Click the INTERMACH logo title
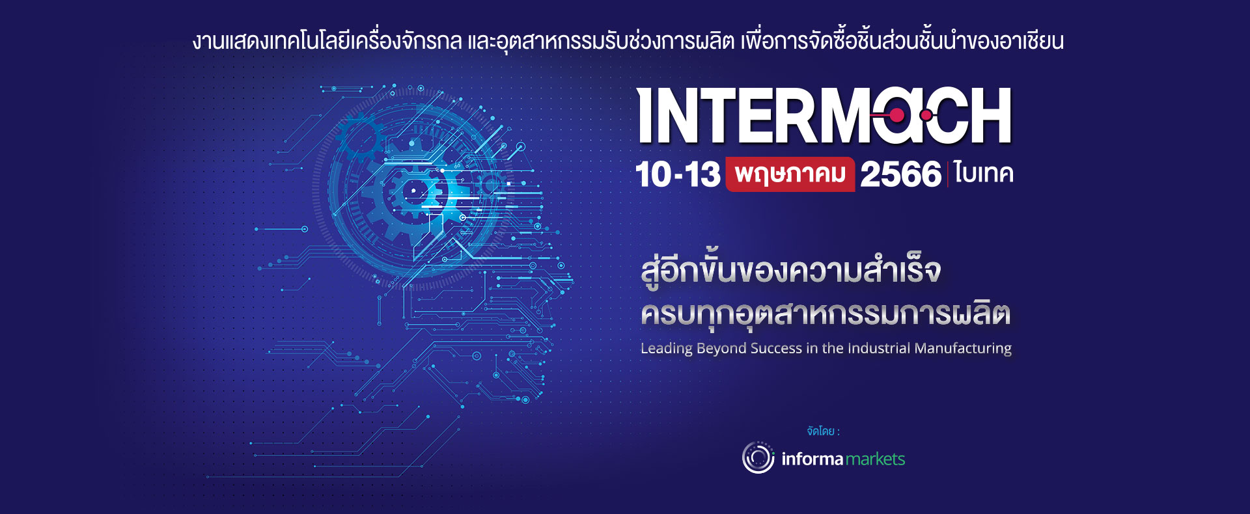coord(824,116)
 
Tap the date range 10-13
coord(678,174)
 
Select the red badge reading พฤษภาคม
coord(790,174)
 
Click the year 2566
coord(900,174)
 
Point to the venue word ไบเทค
coord(984,174)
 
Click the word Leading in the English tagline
coord(666,349)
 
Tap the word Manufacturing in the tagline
coord(963,349)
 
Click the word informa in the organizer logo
coord(812,459)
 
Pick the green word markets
coord(875,459)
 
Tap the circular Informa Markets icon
coord(758,457)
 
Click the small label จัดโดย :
coord(823,431)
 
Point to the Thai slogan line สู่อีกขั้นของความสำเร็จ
coord(790,271)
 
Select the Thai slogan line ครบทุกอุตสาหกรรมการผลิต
coord(825,313)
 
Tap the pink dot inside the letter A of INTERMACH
coord(896,116)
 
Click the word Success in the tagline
coord(776,349)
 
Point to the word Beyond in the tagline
coord(721,349)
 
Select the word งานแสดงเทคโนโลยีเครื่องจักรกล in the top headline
coord(327,41)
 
